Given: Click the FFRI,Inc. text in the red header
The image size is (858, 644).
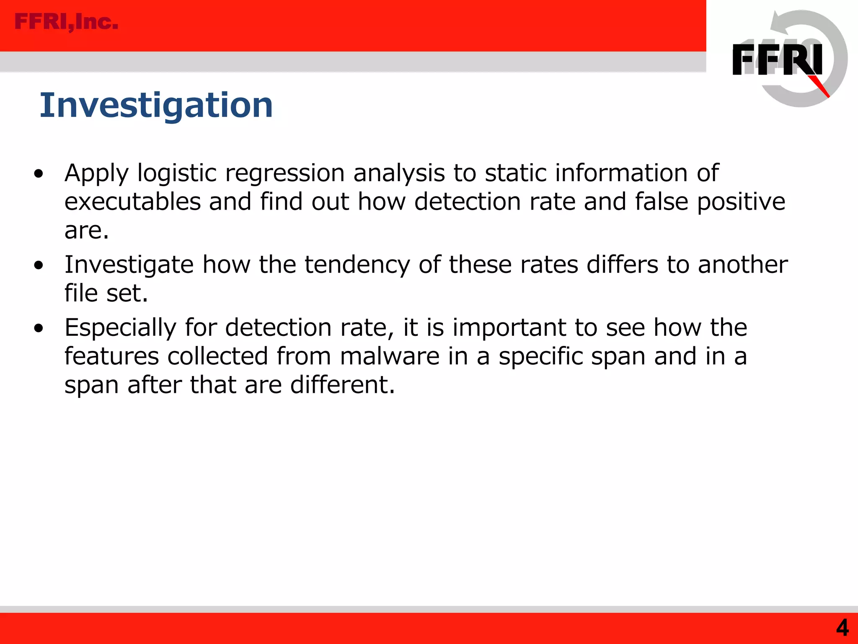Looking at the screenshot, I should [66, 22].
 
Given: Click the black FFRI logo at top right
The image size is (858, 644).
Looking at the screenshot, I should [777, 60].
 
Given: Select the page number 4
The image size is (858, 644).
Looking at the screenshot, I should [842, 628].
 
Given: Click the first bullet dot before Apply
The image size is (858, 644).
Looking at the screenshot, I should [39, 174].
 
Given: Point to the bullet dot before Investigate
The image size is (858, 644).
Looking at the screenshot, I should [39, 265].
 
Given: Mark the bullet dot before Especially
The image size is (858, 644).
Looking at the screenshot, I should [39, 328].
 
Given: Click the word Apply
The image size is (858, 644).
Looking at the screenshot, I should [96, 174].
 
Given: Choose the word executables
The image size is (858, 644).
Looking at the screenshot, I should [133, 202].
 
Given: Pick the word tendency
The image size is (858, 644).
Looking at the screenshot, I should [357, 265].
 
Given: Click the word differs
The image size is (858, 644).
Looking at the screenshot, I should [623, 265].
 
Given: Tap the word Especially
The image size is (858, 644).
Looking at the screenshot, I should [120, 328].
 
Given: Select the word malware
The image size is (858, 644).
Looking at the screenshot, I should [390, 356].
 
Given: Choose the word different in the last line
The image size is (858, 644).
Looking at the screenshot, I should [342, 384].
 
